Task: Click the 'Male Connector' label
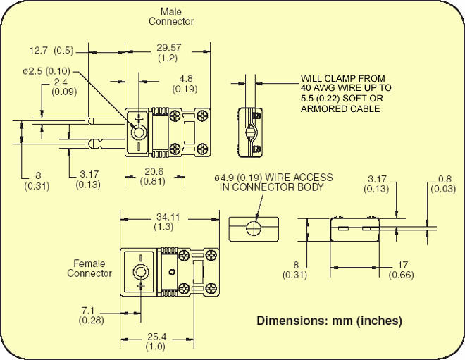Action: click(170, 16)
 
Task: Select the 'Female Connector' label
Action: click(89, 268)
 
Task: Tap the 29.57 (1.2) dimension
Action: click(168, 52)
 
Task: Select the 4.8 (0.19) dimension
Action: click(187, 83)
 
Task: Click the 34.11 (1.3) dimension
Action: click(167, 222)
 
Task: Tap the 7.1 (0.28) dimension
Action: click(92, 315)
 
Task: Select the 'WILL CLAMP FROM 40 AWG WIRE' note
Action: click(346, 94)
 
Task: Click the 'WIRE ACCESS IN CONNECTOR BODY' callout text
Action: click(273, 182)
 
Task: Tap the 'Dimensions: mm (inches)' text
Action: click(329, 321)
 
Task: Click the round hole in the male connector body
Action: click(139, 132)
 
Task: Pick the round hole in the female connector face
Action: click(141, 272)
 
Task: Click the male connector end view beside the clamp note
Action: click(251, 130)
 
